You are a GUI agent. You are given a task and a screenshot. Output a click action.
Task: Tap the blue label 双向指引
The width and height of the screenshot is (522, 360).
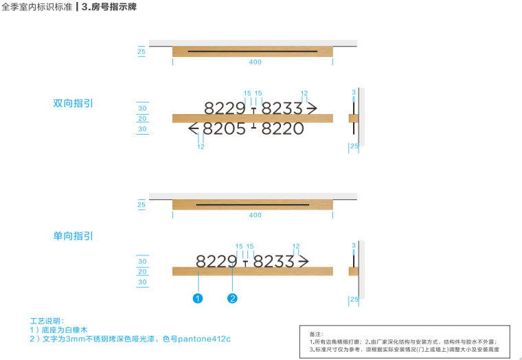73,103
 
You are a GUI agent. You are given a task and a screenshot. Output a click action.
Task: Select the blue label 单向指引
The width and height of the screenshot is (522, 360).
73,236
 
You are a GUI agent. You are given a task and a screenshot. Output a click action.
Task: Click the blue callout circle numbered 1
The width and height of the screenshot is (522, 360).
198,298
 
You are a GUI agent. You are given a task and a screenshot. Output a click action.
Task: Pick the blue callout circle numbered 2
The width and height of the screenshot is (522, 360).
233,298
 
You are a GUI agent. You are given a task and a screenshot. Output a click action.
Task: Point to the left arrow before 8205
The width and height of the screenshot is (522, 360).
194,128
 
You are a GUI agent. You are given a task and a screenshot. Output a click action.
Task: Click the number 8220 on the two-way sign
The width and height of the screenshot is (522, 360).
283,128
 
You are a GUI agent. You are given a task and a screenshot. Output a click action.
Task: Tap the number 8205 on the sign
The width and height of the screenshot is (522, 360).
225,128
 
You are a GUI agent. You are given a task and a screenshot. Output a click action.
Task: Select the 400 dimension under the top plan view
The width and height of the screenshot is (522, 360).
256,63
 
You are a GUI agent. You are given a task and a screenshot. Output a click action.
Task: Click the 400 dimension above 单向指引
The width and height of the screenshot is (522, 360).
256,215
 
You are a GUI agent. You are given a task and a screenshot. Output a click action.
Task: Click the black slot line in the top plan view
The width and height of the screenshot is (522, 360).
253,52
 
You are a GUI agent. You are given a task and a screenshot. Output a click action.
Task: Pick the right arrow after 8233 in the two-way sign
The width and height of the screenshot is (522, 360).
311,108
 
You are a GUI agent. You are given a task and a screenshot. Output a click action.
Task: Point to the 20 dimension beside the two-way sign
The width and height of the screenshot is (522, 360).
142,118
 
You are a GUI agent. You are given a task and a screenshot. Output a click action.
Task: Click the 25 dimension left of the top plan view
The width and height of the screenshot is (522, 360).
141,52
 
